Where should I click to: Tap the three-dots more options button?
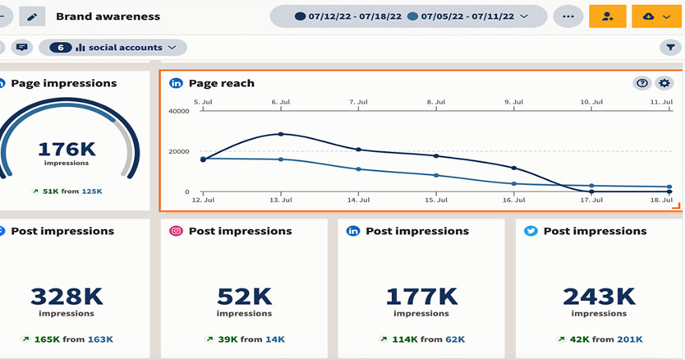568,16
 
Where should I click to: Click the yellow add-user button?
607,16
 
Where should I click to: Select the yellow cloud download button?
655,16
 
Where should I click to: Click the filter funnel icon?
669,48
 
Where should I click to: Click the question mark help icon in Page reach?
642,83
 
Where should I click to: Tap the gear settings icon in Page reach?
664,83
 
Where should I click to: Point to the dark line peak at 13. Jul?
281,134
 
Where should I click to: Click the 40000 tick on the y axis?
178,111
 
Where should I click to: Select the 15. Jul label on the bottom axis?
436,201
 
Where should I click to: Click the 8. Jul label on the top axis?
436,103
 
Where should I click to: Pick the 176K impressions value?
67,150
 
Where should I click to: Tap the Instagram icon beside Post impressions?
176,231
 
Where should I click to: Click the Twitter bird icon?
531,231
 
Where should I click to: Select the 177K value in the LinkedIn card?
421,296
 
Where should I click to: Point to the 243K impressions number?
599,296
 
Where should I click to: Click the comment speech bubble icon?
22,48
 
